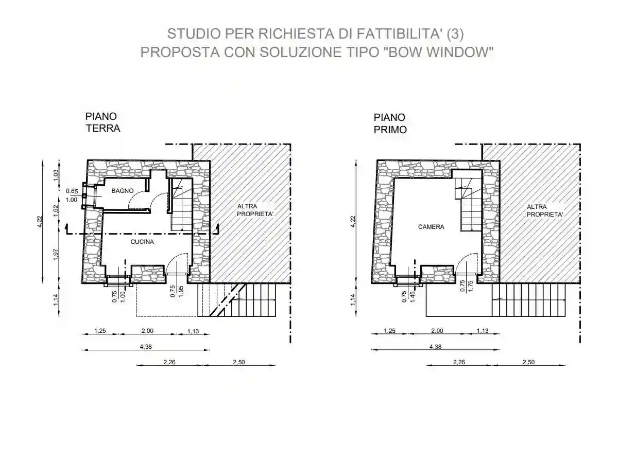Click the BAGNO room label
[x=123, y=191]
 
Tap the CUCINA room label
[x=142, y=241]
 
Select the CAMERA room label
[x=431, y=226]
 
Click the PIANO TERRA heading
[x=102, y=122]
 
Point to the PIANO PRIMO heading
[x=390, y=124]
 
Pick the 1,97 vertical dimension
[x=57, y=254]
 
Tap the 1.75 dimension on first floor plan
[x=470, y=287]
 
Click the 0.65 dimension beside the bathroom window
[x=72, y=191]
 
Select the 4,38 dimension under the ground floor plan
[x=145, y=347]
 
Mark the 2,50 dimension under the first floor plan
[x=528, y=362]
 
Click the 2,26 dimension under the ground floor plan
[x=169, y=362]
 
